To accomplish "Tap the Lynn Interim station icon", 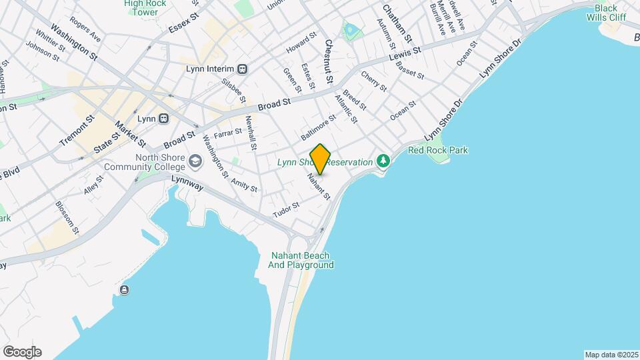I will pyautogui.click(x=243, y=69).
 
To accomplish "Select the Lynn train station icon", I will pyautogui.click(x=163, y=119).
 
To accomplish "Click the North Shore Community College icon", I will pyautogui.click(x=195, y=161).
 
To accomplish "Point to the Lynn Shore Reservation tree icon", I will pyautogui.click(x=383, y=161).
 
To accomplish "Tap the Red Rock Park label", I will pyautogui.click(x=438, y=150).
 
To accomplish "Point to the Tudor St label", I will pyautogui.click(x=287, y=209).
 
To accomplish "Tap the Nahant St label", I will pyautogui.click(x=319, y=187).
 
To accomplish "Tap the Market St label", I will pyautogui.click(x=130, y=134).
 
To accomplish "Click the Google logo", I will pyautogui.click(x=22, y=352).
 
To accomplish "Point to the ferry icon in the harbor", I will pyautogui.click(x=125, y=289).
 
